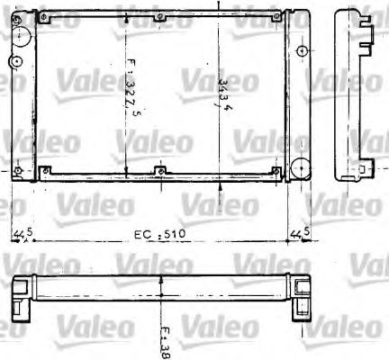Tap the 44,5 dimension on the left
pos(24,234)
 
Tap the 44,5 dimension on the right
pos(301,234)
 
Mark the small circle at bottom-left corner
pos(20,167)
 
